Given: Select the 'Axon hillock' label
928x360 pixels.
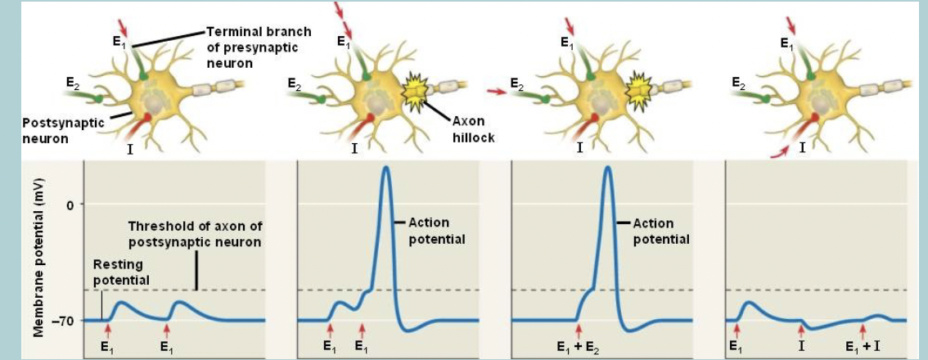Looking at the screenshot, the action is click(473, 129).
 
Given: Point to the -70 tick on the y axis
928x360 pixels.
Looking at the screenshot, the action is click(63, 321).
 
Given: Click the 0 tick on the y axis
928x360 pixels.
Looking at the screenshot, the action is click(70, 204).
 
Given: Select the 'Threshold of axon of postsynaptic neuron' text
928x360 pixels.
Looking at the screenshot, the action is click(195, 233).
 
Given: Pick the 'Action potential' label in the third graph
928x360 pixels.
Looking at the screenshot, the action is click(661, 231).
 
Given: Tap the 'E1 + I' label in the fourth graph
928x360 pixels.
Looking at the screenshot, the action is click(863, 346).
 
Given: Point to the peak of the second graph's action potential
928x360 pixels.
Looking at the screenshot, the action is click(387, 168).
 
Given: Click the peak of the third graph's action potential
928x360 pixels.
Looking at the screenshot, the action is click(607, 168).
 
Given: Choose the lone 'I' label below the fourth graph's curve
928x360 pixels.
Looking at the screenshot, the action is click(801, 346).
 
